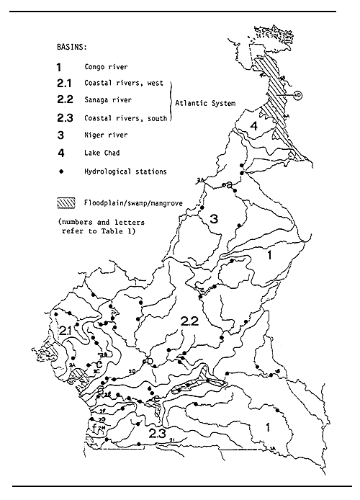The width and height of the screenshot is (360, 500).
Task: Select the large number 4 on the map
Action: click(x=254, y=128)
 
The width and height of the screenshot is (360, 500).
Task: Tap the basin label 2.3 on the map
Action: click(x=158, y=434)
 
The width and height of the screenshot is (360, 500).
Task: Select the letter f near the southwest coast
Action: click(x=94, y=427)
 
